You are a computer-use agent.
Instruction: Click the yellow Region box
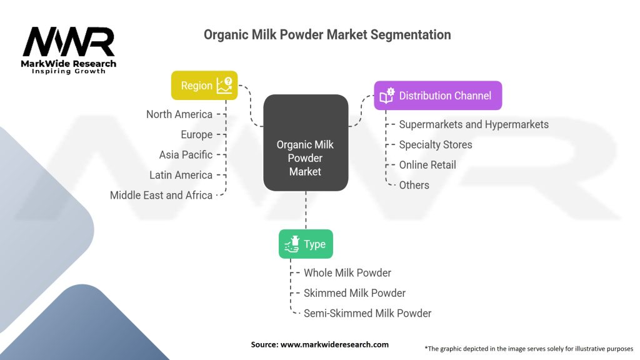coord(204,85)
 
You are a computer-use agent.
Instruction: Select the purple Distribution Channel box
coord(438,96)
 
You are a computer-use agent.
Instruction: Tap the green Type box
coord(306,244)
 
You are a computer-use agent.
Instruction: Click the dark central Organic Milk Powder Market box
coord(306,143)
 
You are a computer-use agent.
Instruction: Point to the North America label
coord(179,114)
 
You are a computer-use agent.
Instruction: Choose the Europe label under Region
coord(197,135)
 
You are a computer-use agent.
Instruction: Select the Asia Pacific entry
coord(186,155)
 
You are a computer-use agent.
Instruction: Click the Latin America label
coord(181,175)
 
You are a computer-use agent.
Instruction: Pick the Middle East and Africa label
coord(161,195)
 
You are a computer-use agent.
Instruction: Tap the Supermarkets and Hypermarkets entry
coord(474,124)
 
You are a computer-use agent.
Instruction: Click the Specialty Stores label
coord(436,144)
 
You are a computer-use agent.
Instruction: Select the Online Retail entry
coord(427,165)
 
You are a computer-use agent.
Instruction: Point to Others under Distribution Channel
coord(414,185)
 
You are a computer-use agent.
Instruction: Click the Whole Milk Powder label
coord(347,272)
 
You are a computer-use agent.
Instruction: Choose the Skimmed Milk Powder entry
coord(355,293)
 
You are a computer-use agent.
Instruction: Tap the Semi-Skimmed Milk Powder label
coord(367,314)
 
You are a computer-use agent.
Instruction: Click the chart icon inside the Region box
coord(224,85)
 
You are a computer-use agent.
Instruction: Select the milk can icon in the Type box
coord(292,244)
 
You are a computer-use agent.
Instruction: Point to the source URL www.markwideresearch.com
coord(334,344)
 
